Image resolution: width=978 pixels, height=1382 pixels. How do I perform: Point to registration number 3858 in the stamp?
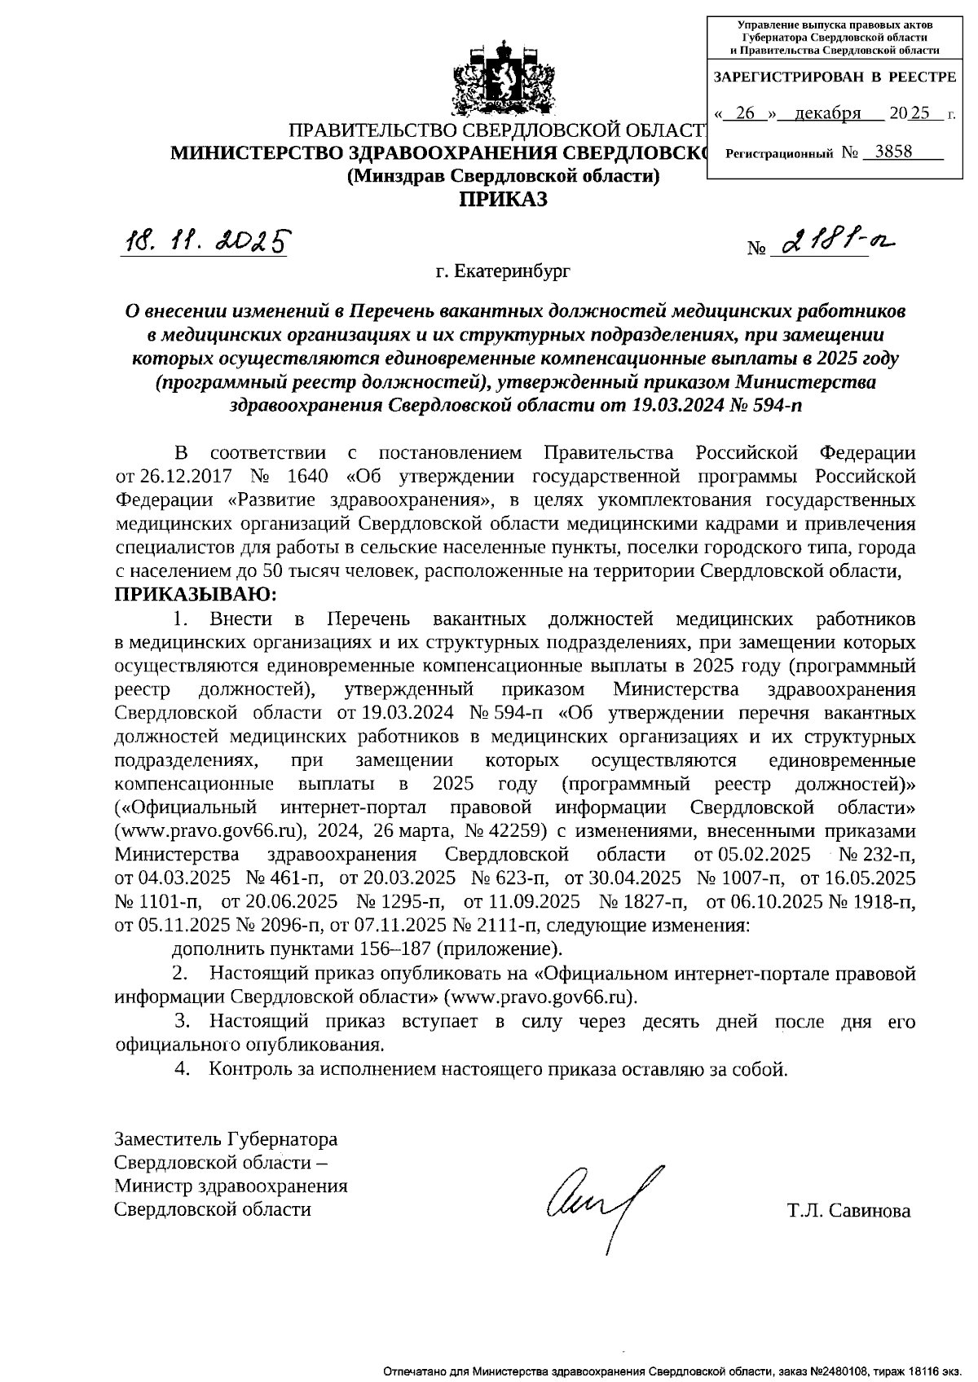click(892, 152)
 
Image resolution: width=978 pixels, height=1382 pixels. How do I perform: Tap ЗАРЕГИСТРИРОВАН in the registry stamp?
click(786, 77)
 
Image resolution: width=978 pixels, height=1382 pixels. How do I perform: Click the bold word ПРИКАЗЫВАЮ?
click(196, 594)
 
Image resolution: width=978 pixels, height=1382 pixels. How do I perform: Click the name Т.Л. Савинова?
click(848, 1210)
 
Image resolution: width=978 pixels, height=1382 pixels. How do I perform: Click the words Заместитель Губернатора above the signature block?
click(227, 1139)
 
